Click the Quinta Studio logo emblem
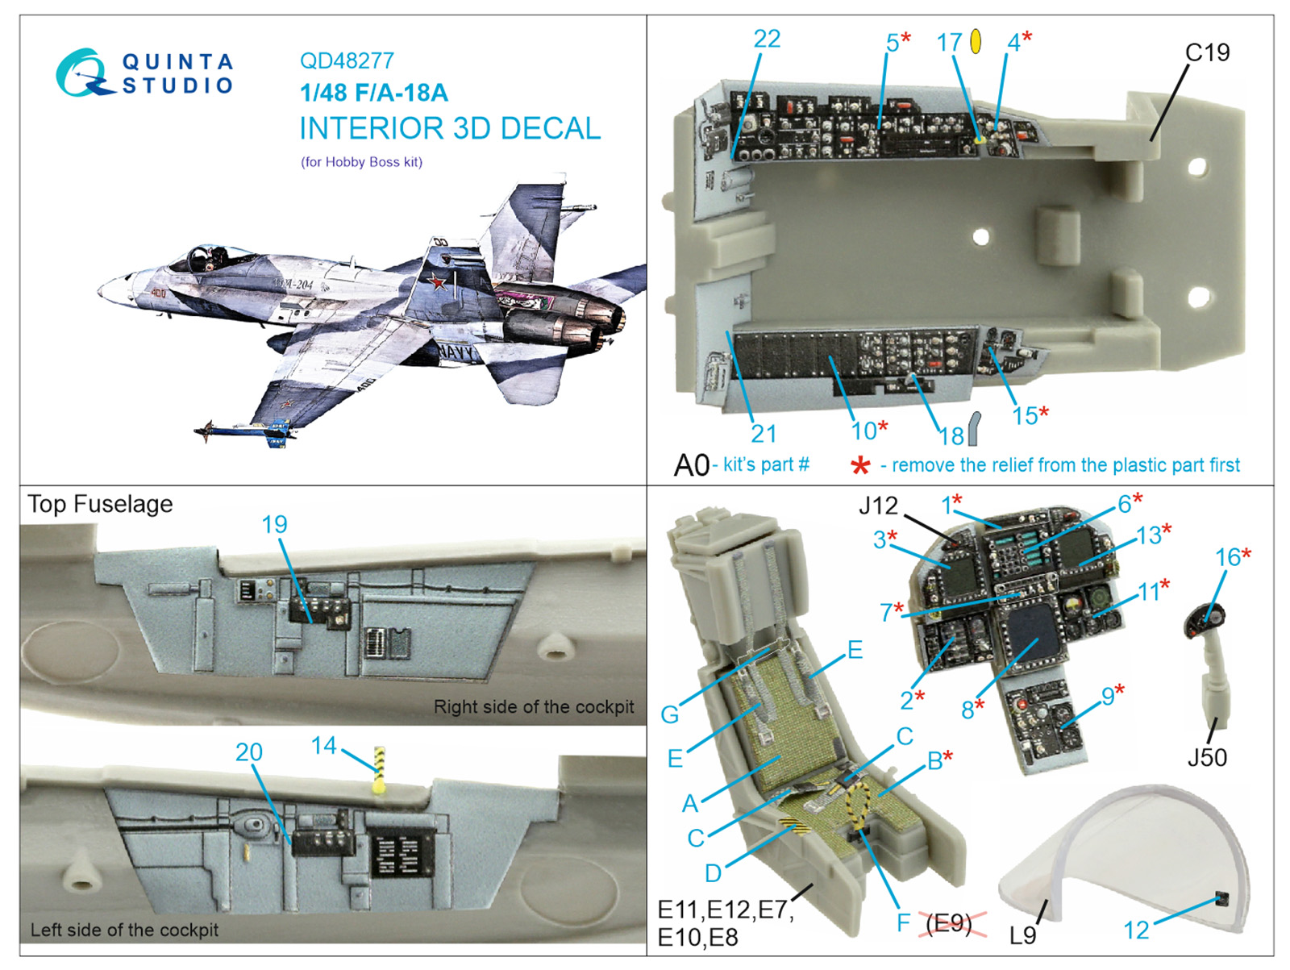coord(82,73)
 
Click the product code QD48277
coord(347,60)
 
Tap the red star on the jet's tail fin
coord(438,282)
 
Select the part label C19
coord(1207,53)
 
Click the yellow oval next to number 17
coord(976,41)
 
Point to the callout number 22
coord(767,39)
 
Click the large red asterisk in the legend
coord(860,465)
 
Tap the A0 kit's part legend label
coord(692,465)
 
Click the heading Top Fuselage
coord(101,504)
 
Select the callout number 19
coord(274,524)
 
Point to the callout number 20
coord(248,751)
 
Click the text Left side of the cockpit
coord(124,930)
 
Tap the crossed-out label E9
coord(949,923)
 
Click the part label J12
coord(877,506)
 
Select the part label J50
coord(1207,757)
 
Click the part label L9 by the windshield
coord(1022,935)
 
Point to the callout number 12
coord(1136,930)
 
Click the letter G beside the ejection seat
coord(669,714)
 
